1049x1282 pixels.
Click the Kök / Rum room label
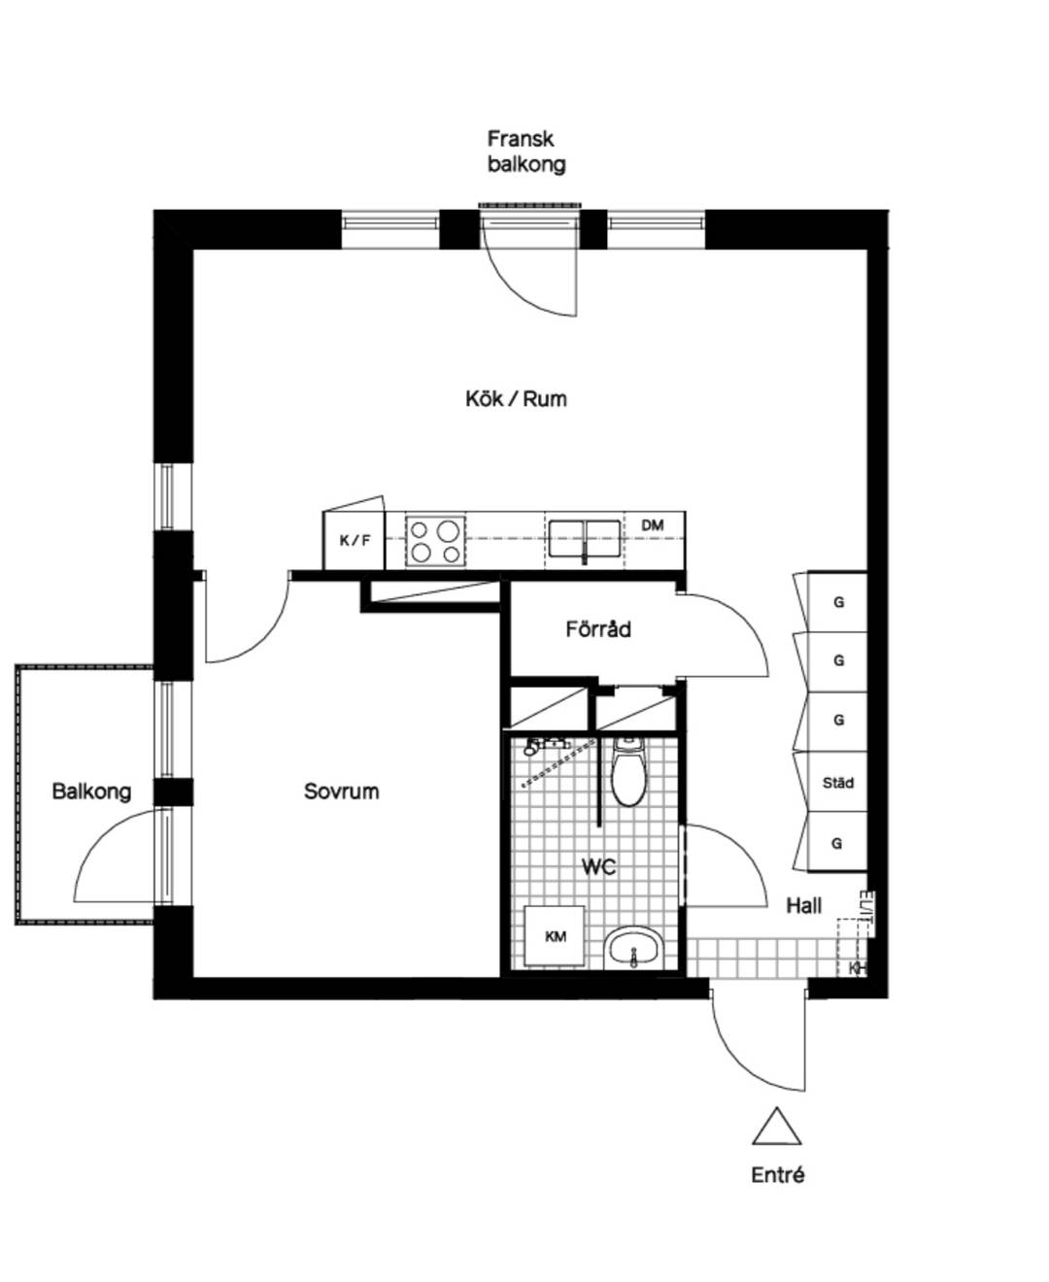(516, 399)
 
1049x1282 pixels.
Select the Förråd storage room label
(597, 628)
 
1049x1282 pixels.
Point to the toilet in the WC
(627, 772)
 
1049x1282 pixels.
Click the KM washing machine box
(555, 936)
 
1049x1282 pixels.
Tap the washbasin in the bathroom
(632, 947)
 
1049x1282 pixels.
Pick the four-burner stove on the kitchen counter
(435, 539)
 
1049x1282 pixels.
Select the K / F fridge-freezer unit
(354, 540)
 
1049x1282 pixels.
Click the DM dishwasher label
(653, 525)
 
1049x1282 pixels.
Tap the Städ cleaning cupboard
(837, 783)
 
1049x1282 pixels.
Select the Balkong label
(91, 792)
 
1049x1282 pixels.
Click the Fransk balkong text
(526, 152)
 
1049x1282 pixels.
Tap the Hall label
(804, 906)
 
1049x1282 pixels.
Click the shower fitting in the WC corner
(536, 746)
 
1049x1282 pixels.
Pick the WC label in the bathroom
(599, 866)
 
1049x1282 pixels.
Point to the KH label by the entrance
(857, 968)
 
